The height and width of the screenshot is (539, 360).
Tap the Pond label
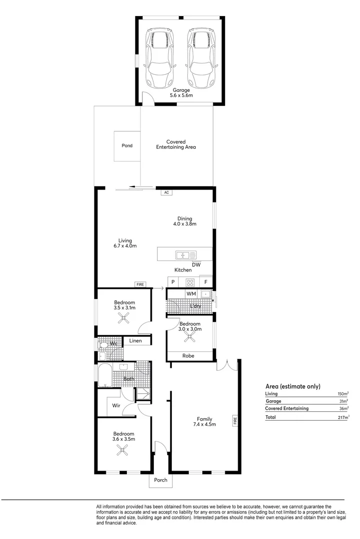(x=127, y=146)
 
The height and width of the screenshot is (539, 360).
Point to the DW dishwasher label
(x=196, y=265)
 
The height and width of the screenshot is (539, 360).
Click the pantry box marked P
(x=173, y=282)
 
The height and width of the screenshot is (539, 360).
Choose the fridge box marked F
(x=206, y=282)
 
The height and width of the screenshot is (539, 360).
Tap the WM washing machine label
(x=191, y=294)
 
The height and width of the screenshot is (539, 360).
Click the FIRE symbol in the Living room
(x=140, y=284)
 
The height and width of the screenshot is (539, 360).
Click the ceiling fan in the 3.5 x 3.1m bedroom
(x=124, y=320)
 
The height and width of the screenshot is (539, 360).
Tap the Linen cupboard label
(x=136, y=341)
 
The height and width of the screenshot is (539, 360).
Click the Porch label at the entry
(x=161, y=481)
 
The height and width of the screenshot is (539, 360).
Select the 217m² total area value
(x=342, y=417)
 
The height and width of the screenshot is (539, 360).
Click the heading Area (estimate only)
(x=293, y=386)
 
